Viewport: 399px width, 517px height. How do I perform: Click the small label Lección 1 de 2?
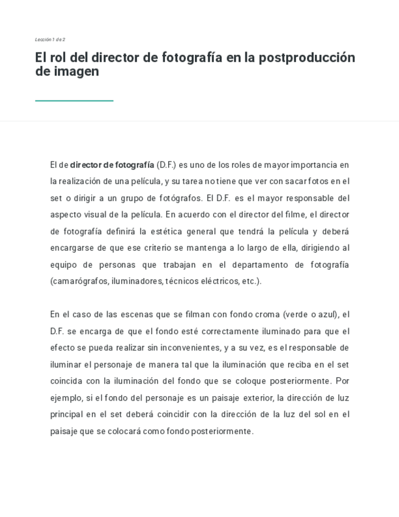[x=50, y=40]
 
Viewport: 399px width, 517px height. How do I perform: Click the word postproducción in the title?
[x=306, y=58]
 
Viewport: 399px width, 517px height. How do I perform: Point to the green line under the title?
[x=74, y=101]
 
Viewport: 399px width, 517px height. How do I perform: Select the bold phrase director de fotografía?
[x=112, y=165]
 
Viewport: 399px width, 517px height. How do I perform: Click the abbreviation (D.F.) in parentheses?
[x=166, y=165]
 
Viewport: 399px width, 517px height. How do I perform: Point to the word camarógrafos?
[x=79, y=281]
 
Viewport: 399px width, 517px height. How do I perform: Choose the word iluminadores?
[x=138, y=281]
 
